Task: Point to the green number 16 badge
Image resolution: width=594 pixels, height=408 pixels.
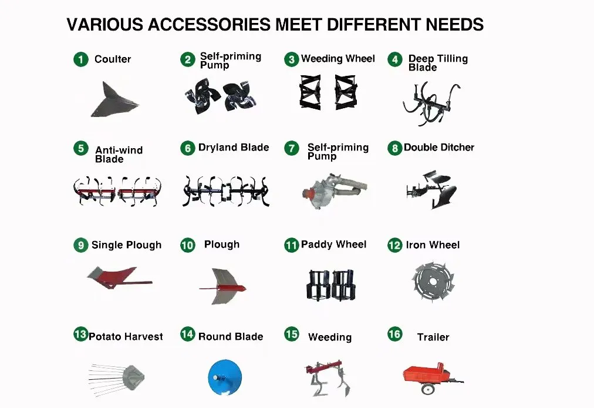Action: point(394,335)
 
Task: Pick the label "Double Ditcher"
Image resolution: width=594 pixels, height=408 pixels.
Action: point(438,148)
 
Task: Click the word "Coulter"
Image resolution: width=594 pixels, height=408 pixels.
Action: point(113,59)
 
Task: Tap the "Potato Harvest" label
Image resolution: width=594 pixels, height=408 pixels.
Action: point(126,337)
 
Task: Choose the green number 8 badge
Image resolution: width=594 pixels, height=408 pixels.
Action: point(394,148)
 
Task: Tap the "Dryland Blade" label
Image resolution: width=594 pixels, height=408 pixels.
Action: point(234,148)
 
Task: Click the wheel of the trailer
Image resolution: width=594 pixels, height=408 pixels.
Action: point(429,389)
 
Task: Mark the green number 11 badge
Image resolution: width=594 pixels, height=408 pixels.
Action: point(292,245)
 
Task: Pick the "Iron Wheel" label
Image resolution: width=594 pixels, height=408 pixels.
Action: point(433,245)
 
